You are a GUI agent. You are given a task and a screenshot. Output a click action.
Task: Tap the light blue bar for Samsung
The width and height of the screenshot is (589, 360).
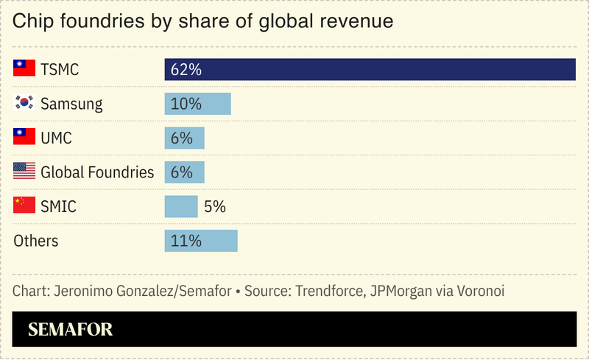point(197,104)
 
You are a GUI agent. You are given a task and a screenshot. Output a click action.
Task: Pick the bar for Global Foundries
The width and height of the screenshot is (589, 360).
point(184,172)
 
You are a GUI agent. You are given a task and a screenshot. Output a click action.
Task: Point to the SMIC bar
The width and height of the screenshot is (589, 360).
point(181,207)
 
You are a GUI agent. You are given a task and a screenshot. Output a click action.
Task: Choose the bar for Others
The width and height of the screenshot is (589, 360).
point(200,241)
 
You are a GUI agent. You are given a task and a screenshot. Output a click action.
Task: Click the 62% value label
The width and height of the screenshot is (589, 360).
point(186,70)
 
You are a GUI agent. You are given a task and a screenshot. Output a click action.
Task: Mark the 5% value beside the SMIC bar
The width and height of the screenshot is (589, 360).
point(214,207)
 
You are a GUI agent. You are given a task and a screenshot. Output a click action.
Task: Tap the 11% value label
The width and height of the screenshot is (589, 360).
point(186,241)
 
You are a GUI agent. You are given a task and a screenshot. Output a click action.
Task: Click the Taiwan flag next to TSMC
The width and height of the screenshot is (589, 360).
point(24,69)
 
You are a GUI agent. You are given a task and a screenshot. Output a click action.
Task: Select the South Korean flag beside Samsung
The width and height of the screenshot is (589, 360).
point(24,104)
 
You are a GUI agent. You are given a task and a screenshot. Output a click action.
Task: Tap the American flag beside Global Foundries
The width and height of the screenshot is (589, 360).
point(24,172)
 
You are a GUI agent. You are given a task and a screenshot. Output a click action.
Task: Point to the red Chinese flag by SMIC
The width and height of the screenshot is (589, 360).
point(24,206)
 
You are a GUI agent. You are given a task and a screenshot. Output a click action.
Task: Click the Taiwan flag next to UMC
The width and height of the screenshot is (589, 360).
point(24,138)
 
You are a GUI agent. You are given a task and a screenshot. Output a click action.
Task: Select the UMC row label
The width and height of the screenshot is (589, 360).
point(56,138)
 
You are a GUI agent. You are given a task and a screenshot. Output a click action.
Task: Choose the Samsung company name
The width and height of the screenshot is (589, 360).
point(71,105)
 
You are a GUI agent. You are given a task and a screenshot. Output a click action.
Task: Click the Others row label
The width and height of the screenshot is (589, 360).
point(36,241)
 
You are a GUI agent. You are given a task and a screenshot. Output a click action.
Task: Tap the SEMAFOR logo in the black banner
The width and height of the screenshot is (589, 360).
point(70,329)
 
